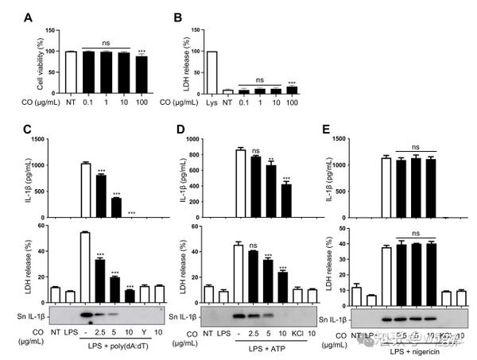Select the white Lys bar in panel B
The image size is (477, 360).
point(211,65)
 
